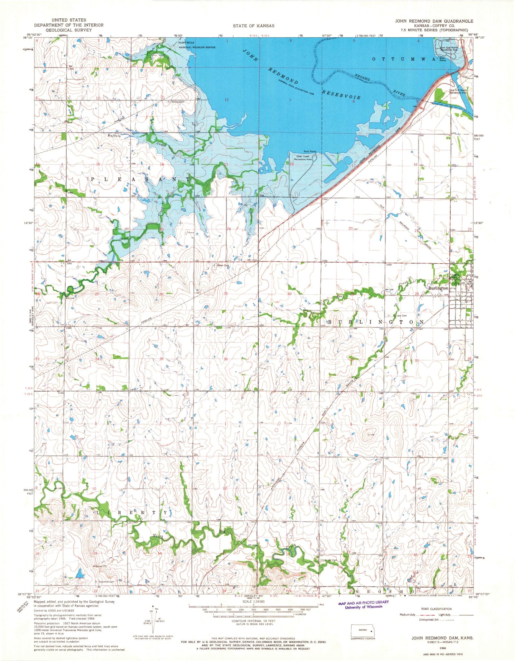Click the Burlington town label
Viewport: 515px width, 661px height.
438,288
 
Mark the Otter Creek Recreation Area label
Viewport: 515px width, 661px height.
304,157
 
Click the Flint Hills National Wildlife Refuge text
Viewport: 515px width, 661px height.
197,45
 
